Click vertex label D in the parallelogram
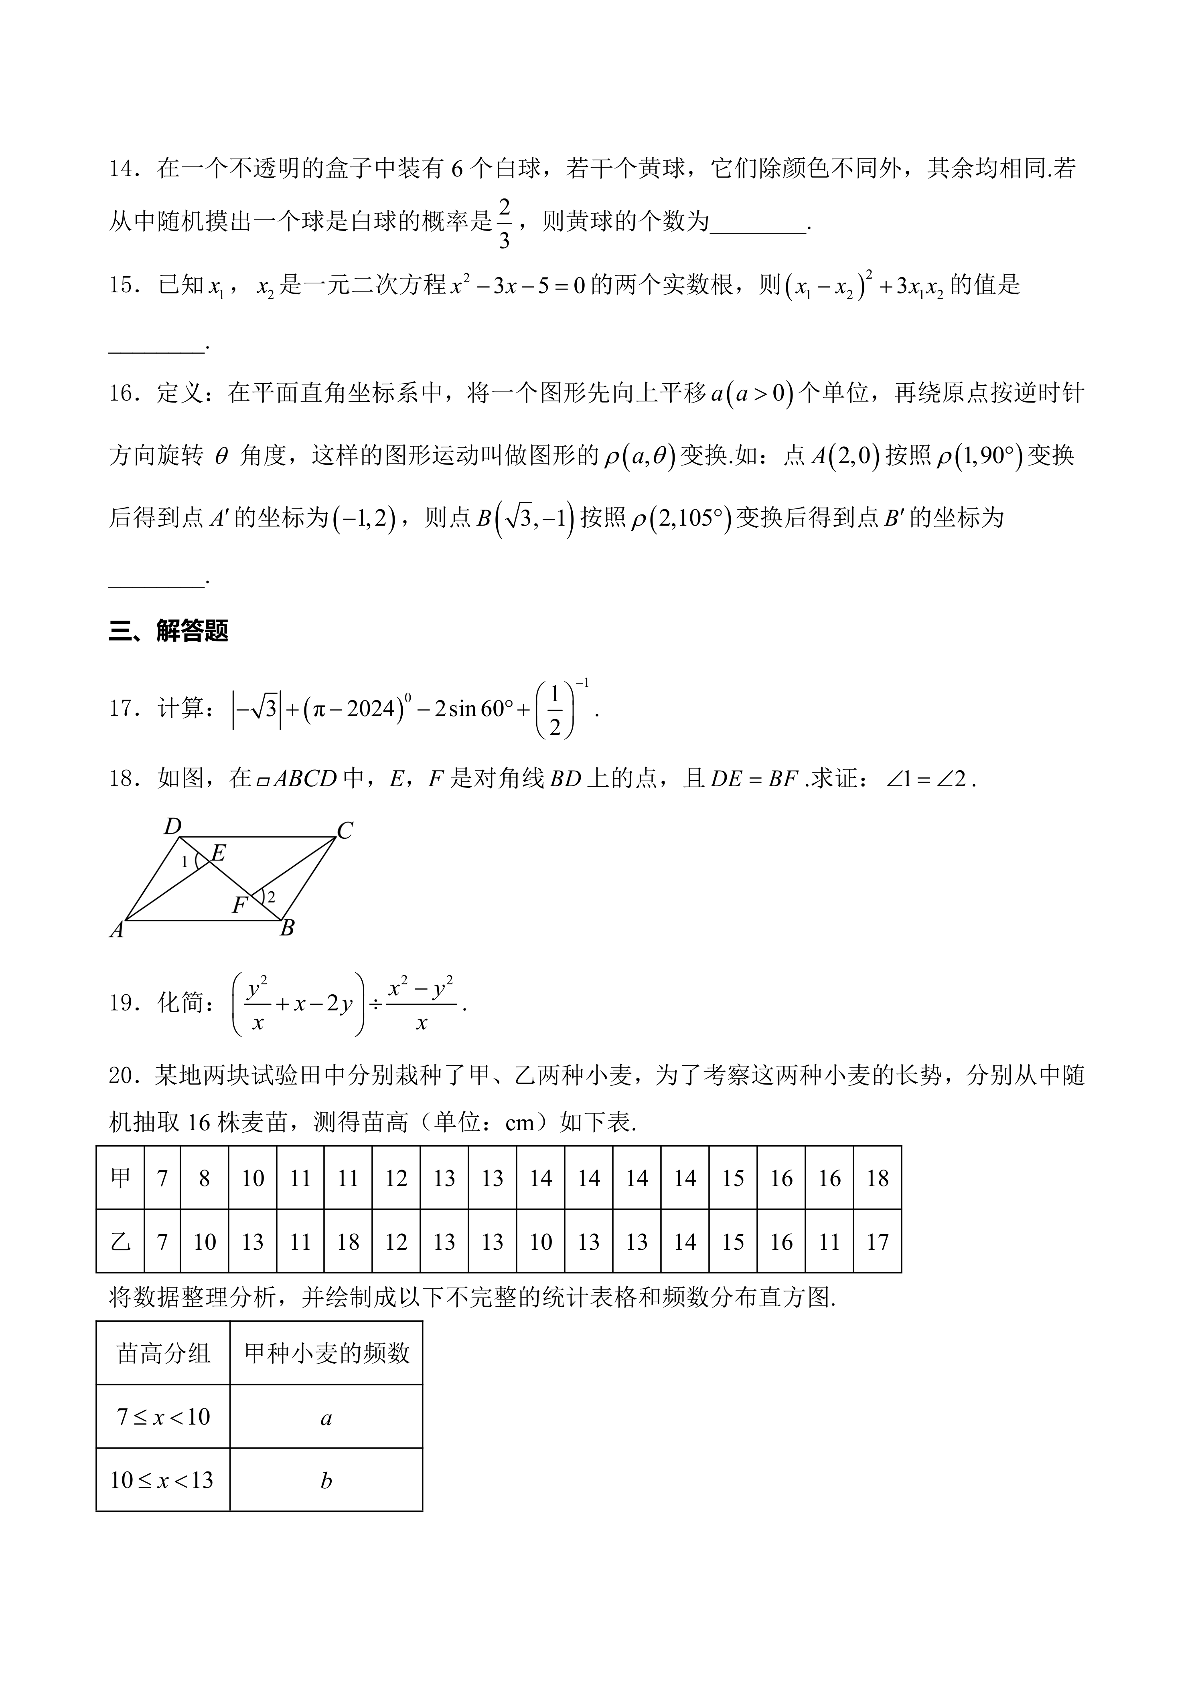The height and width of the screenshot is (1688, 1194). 172,827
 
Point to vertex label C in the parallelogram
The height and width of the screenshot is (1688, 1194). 345,831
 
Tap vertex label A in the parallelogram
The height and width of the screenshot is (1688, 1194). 117,931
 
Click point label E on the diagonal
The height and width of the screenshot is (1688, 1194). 218,854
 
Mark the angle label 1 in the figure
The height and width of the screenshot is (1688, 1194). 184,862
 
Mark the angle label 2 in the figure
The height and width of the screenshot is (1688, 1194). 271,897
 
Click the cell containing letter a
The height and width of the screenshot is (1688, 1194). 326,1417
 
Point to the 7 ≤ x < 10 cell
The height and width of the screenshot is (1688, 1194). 163,1417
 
